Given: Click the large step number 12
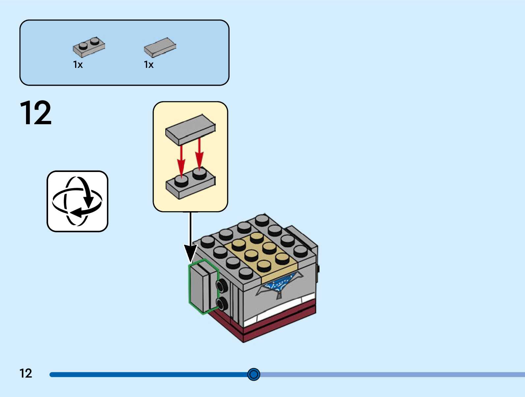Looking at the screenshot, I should click(x=36, y=113).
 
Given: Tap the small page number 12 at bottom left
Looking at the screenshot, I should click(x=26, y=373).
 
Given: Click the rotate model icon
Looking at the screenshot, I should click(x=77, y=201).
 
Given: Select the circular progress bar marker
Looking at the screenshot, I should click(x=254, y=374).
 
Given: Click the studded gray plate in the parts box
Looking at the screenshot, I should click(x=89, y=47).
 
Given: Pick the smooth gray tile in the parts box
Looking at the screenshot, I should click(x=160, y=47).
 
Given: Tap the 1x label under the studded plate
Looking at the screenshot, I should click(x=78, y=65).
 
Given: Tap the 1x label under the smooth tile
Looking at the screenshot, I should click(x=149, y=65).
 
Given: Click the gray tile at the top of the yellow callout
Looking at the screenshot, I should click(x=190, y=129).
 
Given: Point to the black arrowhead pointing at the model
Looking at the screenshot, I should click(x=190, y=254).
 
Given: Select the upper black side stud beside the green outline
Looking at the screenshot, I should click(x=222, y=286).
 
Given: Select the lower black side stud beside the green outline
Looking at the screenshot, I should click(x=222, y=303).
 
